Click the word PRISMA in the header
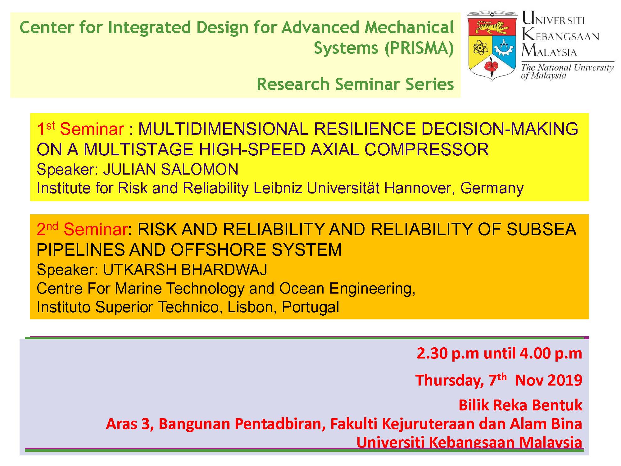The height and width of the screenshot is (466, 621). coord(419,48)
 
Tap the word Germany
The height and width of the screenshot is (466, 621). coord(492,188)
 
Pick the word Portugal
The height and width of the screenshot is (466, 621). coord(310,307)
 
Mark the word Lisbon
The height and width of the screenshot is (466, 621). coord(252,307)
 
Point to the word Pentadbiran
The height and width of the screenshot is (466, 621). coord(280,424)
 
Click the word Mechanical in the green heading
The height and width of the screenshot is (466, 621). coord(409,28)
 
